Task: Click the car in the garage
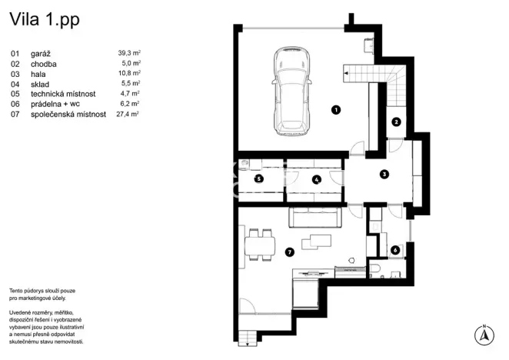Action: pos(290,90)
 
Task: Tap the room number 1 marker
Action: pos(335,110)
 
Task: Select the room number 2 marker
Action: pos(395,121)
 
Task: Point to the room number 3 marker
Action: pos(384,174)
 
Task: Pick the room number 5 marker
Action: pos(258,179)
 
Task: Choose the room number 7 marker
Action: pos(289,251)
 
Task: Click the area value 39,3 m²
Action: pos(128,53)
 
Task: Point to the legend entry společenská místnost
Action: pos(65,113)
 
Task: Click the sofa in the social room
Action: pos(314,217)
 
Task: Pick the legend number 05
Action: pos(15,93)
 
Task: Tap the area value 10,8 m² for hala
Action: pos(128,73)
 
